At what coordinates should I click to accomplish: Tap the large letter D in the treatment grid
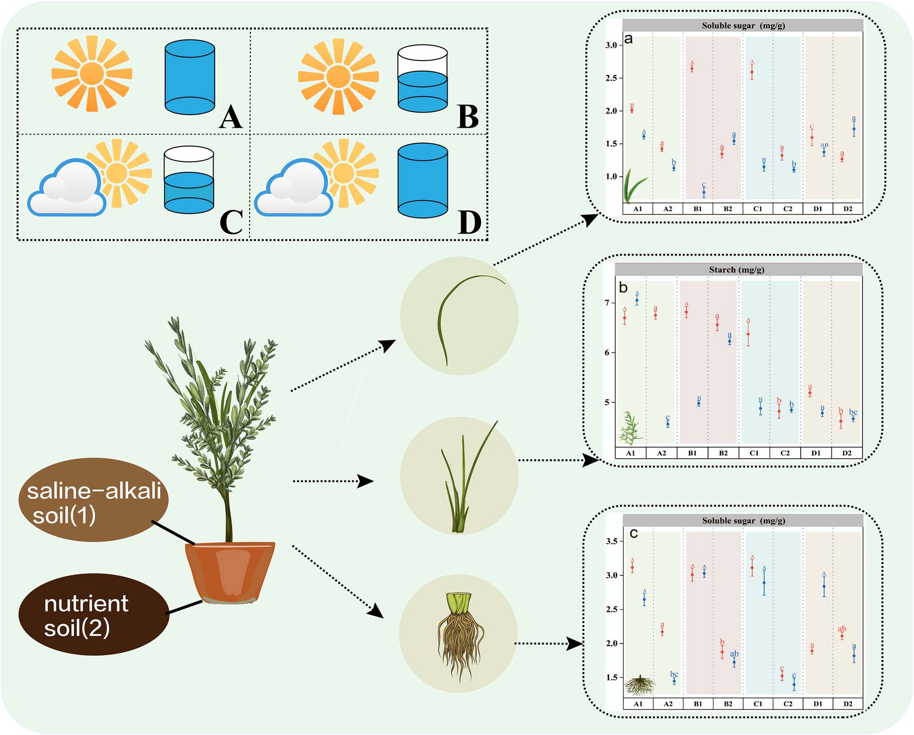(x=469, y=222)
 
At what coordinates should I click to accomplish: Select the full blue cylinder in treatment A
(x=189, y=77)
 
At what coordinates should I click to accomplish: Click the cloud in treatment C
(x=67, y=188)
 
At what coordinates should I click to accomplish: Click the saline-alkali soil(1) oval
(x=93, y=500)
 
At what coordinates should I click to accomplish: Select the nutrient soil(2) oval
(x=93, y=614)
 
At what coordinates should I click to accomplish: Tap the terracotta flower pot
(x=230, y=572)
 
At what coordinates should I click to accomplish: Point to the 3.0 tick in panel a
(x=611, y=45)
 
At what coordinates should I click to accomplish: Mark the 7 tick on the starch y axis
(x=607, y=303)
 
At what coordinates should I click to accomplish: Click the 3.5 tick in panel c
(x=611, y=541)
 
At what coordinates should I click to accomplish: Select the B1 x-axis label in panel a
(x=698, y=209)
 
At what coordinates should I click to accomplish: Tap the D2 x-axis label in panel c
(x=848, y=704)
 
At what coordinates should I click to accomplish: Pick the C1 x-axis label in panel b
(x=754, y=453)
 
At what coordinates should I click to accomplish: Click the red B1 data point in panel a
(x=692, y=69)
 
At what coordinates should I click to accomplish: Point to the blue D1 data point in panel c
(x=824, y=586)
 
